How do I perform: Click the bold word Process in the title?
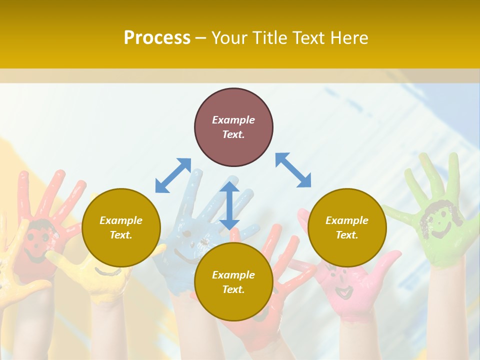coord(157,38)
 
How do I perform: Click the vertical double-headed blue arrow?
coord(229,205)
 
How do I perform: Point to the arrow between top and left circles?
coord(173,175)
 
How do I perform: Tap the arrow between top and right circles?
coord(293,170)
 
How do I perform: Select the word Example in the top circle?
coord(233,120)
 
